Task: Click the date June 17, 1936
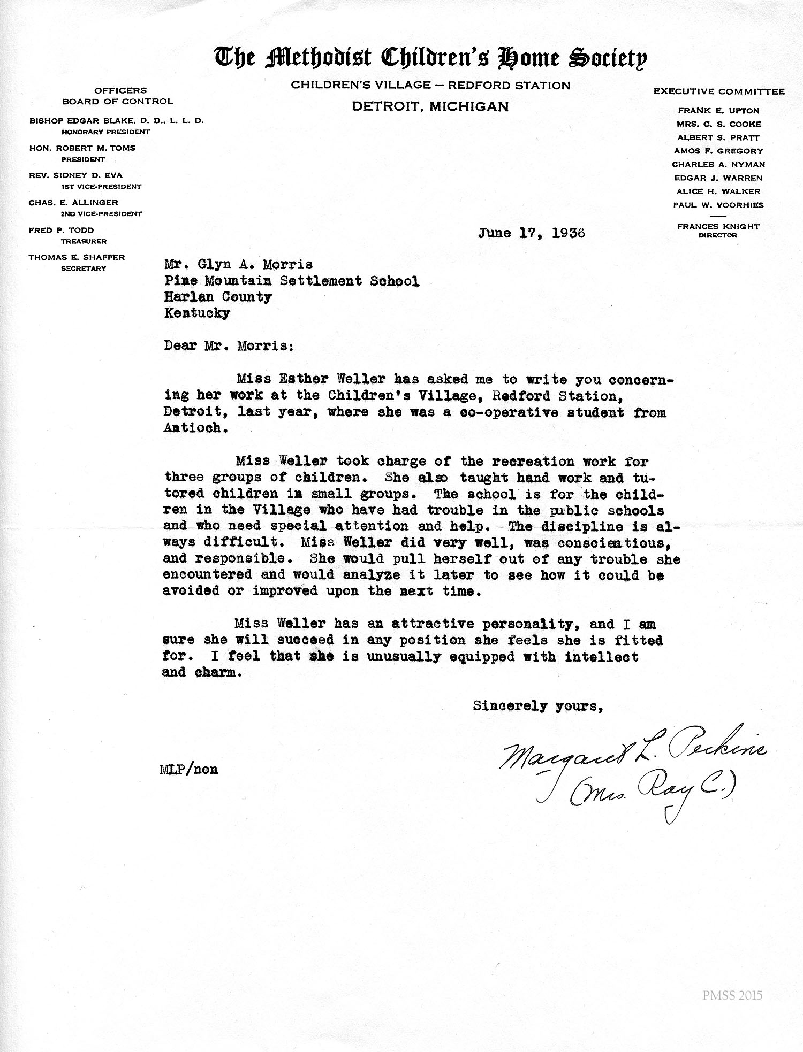532,233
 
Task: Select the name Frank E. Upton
718,111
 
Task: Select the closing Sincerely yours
538,706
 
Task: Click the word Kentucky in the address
198,313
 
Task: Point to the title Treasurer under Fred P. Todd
84,241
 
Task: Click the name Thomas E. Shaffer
77,257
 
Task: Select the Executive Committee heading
719,91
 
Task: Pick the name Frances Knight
718,227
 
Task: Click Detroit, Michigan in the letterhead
430,106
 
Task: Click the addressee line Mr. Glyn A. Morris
238,265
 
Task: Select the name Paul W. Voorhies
718,205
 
